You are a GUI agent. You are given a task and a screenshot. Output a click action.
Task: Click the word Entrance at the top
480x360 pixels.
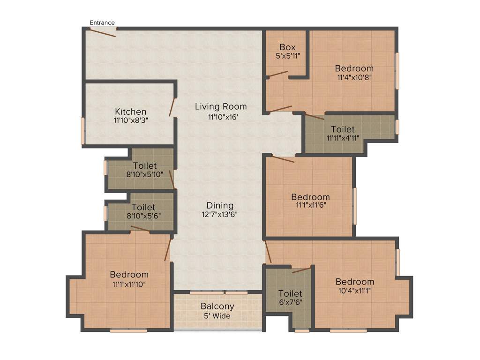click(102, 22)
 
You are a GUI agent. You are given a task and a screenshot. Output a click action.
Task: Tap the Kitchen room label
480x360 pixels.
click(131, 112)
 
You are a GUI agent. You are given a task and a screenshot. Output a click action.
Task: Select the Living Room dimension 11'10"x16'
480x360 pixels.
click(221, 117)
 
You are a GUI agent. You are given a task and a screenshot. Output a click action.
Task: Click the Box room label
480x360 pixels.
click(287, 47)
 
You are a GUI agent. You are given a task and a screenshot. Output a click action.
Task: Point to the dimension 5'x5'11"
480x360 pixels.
click(287, 56)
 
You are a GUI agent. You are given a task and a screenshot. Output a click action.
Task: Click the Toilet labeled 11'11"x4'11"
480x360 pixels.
click(343, 129)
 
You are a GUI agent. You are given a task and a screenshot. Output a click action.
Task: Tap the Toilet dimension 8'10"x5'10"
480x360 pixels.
click(144, 174)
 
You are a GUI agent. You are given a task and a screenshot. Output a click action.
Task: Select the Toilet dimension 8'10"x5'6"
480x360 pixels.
click(143, 216)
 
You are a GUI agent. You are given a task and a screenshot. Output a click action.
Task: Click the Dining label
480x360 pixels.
click(220, 205)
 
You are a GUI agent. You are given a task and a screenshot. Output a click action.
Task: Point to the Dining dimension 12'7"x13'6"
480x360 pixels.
click(220, 215)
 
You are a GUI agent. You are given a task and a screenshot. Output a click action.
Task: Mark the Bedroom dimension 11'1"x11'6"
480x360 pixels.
click(310, 205)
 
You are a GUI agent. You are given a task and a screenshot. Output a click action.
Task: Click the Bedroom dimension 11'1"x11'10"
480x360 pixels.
click(129, 283)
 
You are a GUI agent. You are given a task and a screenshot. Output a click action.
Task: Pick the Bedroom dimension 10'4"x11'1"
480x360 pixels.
click(354, 291)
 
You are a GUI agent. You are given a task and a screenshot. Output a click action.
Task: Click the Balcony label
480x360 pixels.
click(217, 307)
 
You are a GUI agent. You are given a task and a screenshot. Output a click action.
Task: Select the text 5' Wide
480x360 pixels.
click(217, 316)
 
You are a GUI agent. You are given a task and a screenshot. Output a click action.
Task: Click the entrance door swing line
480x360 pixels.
click(103, 33)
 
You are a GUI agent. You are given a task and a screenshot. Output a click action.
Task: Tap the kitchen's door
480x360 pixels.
click(172, 107)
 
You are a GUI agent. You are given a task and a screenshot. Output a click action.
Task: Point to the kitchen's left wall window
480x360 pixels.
click(83, 131)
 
